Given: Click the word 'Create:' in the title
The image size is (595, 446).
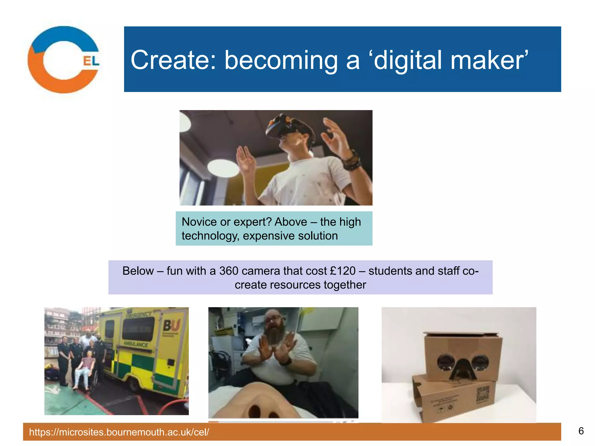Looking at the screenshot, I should point(173,60).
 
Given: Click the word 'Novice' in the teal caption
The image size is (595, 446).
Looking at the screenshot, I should point(199,222).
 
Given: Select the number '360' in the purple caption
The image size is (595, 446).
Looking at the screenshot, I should point(229,271).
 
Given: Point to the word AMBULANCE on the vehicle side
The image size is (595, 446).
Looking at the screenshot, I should point(136,344).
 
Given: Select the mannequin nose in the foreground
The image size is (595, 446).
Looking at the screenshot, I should point(259,402).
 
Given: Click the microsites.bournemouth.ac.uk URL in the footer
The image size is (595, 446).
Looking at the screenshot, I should point(119,432).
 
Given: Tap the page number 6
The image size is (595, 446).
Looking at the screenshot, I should point(581,431).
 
